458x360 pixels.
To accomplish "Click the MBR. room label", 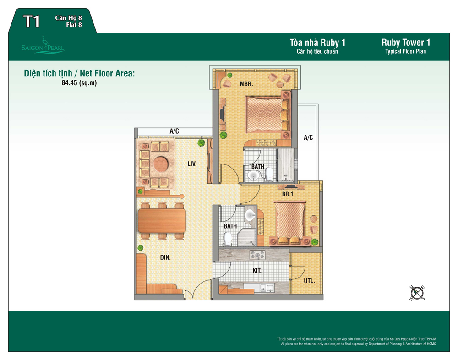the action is pyautogui.click(x=246, y=84).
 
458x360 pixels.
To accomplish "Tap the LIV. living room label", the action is pyautogui.click(x=192, y=164).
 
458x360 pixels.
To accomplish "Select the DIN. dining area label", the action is pyautogui.click(x=165, y=257).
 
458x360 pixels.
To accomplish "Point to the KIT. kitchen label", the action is pyautogui.click(x=257, y=271).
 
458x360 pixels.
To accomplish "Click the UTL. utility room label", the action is pyautogui.click(x=309, y=281).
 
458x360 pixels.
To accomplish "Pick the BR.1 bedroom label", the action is pyautogui.click(x=288, y=194).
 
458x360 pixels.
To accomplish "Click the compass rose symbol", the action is pyautogui.click(x=417, y=293).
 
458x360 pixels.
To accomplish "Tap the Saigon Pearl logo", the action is pyautogui.click(x=43, y=46).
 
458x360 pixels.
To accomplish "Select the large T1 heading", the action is pyautogui.click(x=32, y=22).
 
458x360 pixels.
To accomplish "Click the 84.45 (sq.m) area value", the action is pyautogui.click(x=79, y=83).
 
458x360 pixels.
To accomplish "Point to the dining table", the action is pyautogui.click(x=162, y=221).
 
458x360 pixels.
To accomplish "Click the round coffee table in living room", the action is pyautogui.click(x=161, y=164).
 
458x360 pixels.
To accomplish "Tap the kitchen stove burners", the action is pyautogui.click(x=257, y=255).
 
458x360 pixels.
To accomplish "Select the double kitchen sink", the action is pyautogui.click(x=267, y=288).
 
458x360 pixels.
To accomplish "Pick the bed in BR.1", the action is pyautogui.click(x=290, y=221).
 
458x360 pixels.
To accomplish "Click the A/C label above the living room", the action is pyautogui.click(x=174, y=131).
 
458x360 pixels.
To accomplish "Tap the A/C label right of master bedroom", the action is pyautogui.click(x=308, y=137).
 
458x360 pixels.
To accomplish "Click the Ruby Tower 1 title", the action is pyautogui.click(x=406, y=43).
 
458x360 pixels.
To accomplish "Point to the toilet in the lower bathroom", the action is pyautogui.click(x=227, y=239).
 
